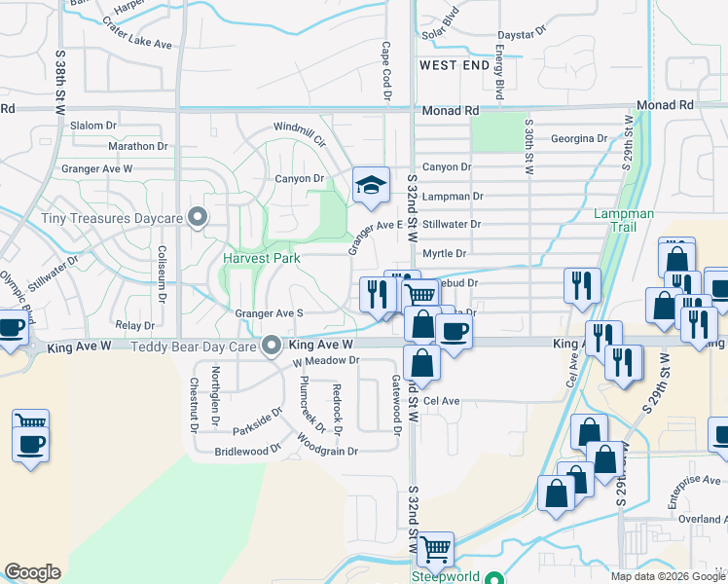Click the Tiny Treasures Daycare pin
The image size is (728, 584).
[199, 218]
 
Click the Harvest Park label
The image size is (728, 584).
[260, 258]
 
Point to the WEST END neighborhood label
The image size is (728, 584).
[455, 65]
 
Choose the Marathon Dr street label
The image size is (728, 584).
[138, 146]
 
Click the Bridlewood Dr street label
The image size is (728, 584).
[247, 452]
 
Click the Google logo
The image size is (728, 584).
[32, 572]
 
